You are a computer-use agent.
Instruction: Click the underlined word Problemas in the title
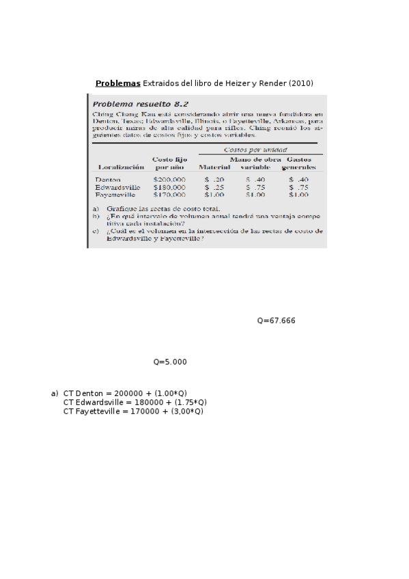click(x=117, y=83)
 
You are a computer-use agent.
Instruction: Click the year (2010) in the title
click(x=300, y=83)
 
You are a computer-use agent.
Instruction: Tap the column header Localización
click(x=121, y=167)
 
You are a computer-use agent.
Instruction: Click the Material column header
click(x=214, y=167)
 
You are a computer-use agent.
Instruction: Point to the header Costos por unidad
click(x=255, y=150)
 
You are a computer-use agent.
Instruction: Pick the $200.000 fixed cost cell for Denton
click(x=169, y=179)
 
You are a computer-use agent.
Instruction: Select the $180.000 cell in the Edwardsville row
click(x=169, y=186)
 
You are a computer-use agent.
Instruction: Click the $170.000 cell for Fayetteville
click(x=169, y=194)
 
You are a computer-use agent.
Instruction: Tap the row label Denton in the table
click(x=109, y=179)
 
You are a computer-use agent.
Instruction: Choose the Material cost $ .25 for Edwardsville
click(x=214, y=186)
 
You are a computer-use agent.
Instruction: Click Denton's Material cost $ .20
click(x=214, y=179)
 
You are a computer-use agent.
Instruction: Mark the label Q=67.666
click(x=276, y=320)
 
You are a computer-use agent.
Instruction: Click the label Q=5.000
click(x=169, y=362)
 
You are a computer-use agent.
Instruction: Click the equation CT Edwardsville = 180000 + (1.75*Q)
click(x=135, y=402)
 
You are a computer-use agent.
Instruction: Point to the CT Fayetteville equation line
click(x=132, y=411)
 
